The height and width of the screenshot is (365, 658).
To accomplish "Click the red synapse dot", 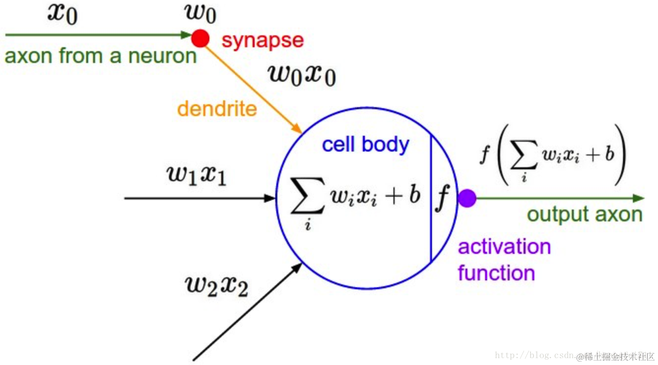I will (x=200, y=38).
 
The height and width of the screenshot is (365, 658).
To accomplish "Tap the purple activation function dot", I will (x=467, y=198).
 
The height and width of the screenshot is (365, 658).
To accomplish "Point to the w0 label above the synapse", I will (x=200, y=13).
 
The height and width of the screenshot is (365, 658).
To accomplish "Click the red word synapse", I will (x=263, y=40).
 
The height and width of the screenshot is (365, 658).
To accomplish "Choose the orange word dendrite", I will (x=217, y=108).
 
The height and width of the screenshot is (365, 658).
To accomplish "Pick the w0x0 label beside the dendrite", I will (x=302, y=75).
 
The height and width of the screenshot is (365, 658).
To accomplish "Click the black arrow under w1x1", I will (x=197, y=198).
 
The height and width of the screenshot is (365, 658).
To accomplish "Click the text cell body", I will (x=365, y=145).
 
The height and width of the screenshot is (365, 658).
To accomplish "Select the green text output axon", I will (x=585, y=214).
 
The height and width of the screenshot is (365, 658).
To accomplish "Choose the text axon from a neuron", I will (x=100, y=56).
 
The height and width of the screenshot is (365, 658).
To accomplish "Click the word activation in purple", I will (x=504, y=246).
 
